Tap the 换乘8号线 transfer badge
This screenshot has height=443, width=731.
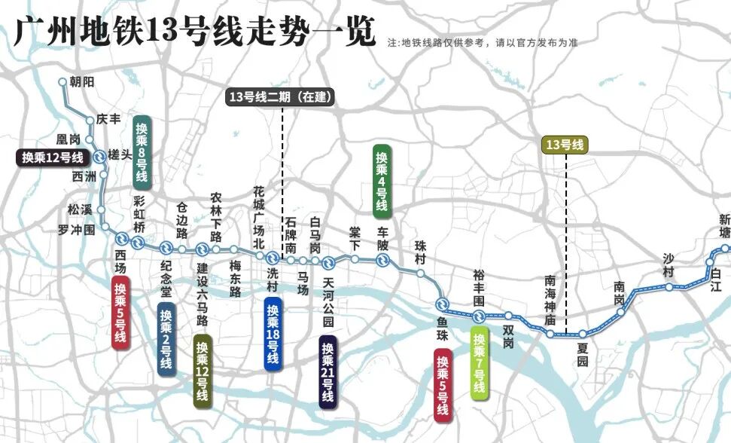142,151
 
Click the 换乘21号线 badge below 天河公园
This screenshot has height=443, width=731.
327,373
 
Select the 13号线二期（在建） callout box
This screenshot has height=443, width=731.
281,96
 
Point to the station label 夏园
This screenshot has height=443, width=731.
582,354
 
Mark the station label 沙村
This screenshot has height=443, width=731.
668,265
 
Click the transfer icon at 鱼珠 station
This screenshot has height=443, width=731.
442,304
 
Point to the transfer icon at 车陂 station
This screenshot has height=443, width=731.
382,261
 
